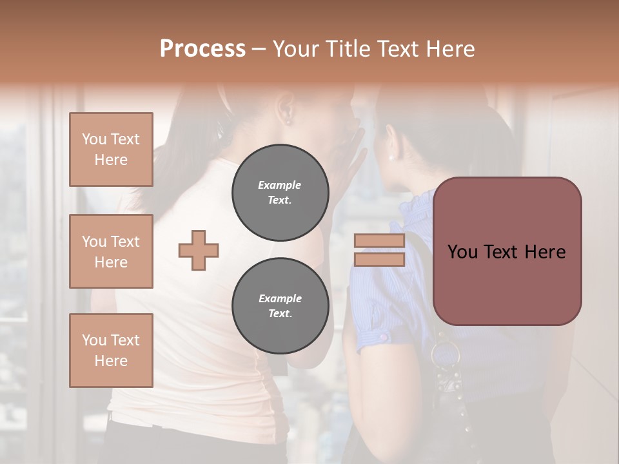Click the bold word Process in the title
202,49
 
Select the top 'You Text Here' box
111,150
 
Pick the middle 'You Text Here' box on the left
111,251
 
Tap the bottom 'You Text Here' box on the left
111,350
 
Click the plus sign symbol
199,250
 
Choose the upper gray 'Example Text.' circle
280,193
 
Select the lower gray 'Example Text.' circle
280,306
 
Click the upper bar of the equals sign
379,241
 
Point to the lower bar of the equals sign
379,259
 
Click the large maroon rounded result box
507,251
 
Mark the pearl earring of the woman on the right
390,156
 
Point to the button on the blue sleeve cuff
383,337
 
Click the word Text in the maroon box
506,252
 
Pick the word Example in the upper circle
280,186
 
